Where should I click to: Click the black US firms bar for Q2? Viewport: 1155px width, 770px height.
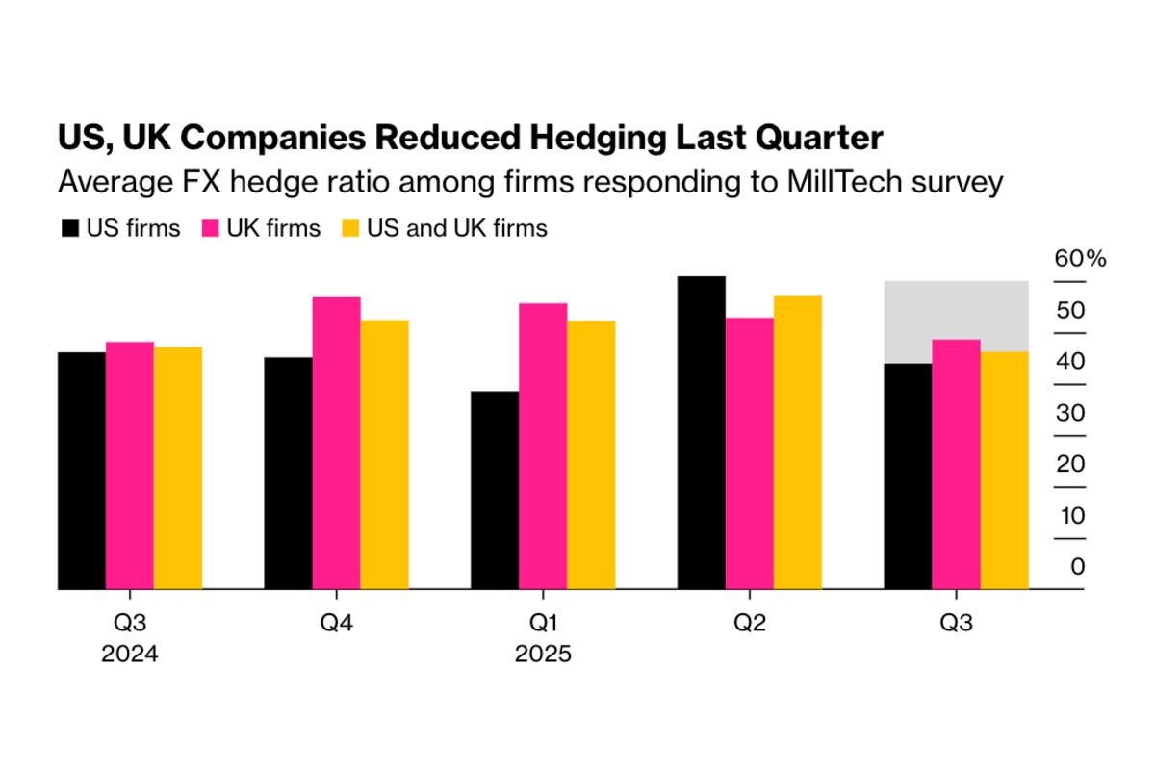tap(702, 432)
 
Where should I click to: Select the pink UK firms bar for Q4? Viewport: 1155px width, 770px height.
tap(336, 443)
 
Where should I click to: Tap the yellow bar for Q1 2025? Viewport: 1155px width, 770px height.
tap(591, 454)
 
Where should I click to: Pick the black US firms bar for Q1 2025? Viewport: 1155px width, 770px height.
tap(495, 490)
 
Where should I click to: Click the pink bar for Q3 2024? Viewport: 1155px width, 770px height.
tap(130, 465)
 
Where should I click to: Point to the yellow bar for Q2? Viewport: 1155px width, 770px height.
tap(798, 442)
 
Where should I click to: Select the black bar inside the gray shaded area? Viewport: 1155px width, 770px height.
tap(908, 475)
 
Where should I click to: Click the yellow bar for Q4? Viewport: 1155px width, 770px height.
tap(384, 454)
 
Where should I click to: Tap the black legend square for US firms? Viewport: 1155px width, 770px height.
tap(69, 229)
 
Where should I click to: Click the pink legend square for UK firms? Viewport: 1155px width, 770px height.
tap(211, 229)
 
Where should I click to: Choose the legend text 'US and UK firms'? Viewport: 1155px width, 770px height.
tap(457, 229)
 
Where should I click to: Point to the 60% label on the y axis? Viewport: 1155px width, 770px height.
tap(1080, 259)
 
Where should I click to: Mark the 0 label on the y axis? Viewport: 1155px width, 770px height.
tap(1078, 567)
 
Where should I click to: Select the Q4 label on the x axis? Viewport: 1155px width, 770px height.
tap(336, 624)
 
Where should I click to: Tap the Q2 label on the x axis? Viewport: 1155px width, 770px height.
tap(750, 624)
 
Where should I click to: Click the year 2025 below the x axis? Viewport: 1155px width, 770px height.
tap(543, 655)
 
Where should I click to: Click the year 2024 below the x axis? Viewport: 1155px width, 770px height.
tap(130, 655)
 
